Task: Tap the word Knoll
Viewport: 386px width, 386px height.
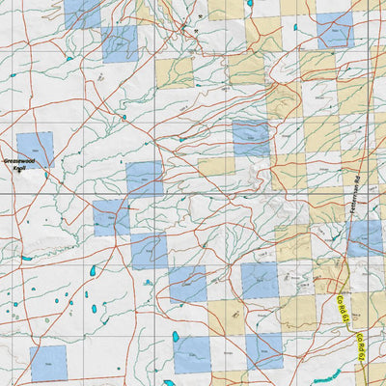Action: (19, 169)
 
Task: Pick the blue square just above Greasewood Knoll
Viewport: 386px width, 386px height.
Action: (35, 147)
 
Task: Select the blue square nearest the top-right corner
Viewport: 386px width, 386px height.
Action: (334, 31)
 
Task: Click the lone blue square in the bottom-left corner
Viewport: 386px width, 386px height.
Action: (48, 363)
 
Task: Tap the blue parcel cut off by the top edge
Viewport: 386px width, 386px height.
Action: (82, 13)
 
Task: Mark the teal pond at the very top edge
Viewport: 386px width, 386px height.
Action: (249, 3)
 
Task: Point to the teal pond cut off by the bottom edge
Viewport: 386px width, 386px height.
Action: (169, 382)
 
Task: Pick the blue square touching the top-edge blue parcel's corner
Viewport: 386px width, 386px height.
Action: (119, 44)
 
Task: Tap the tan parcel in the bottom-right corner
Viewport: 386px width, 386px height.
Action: (372, 372)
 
